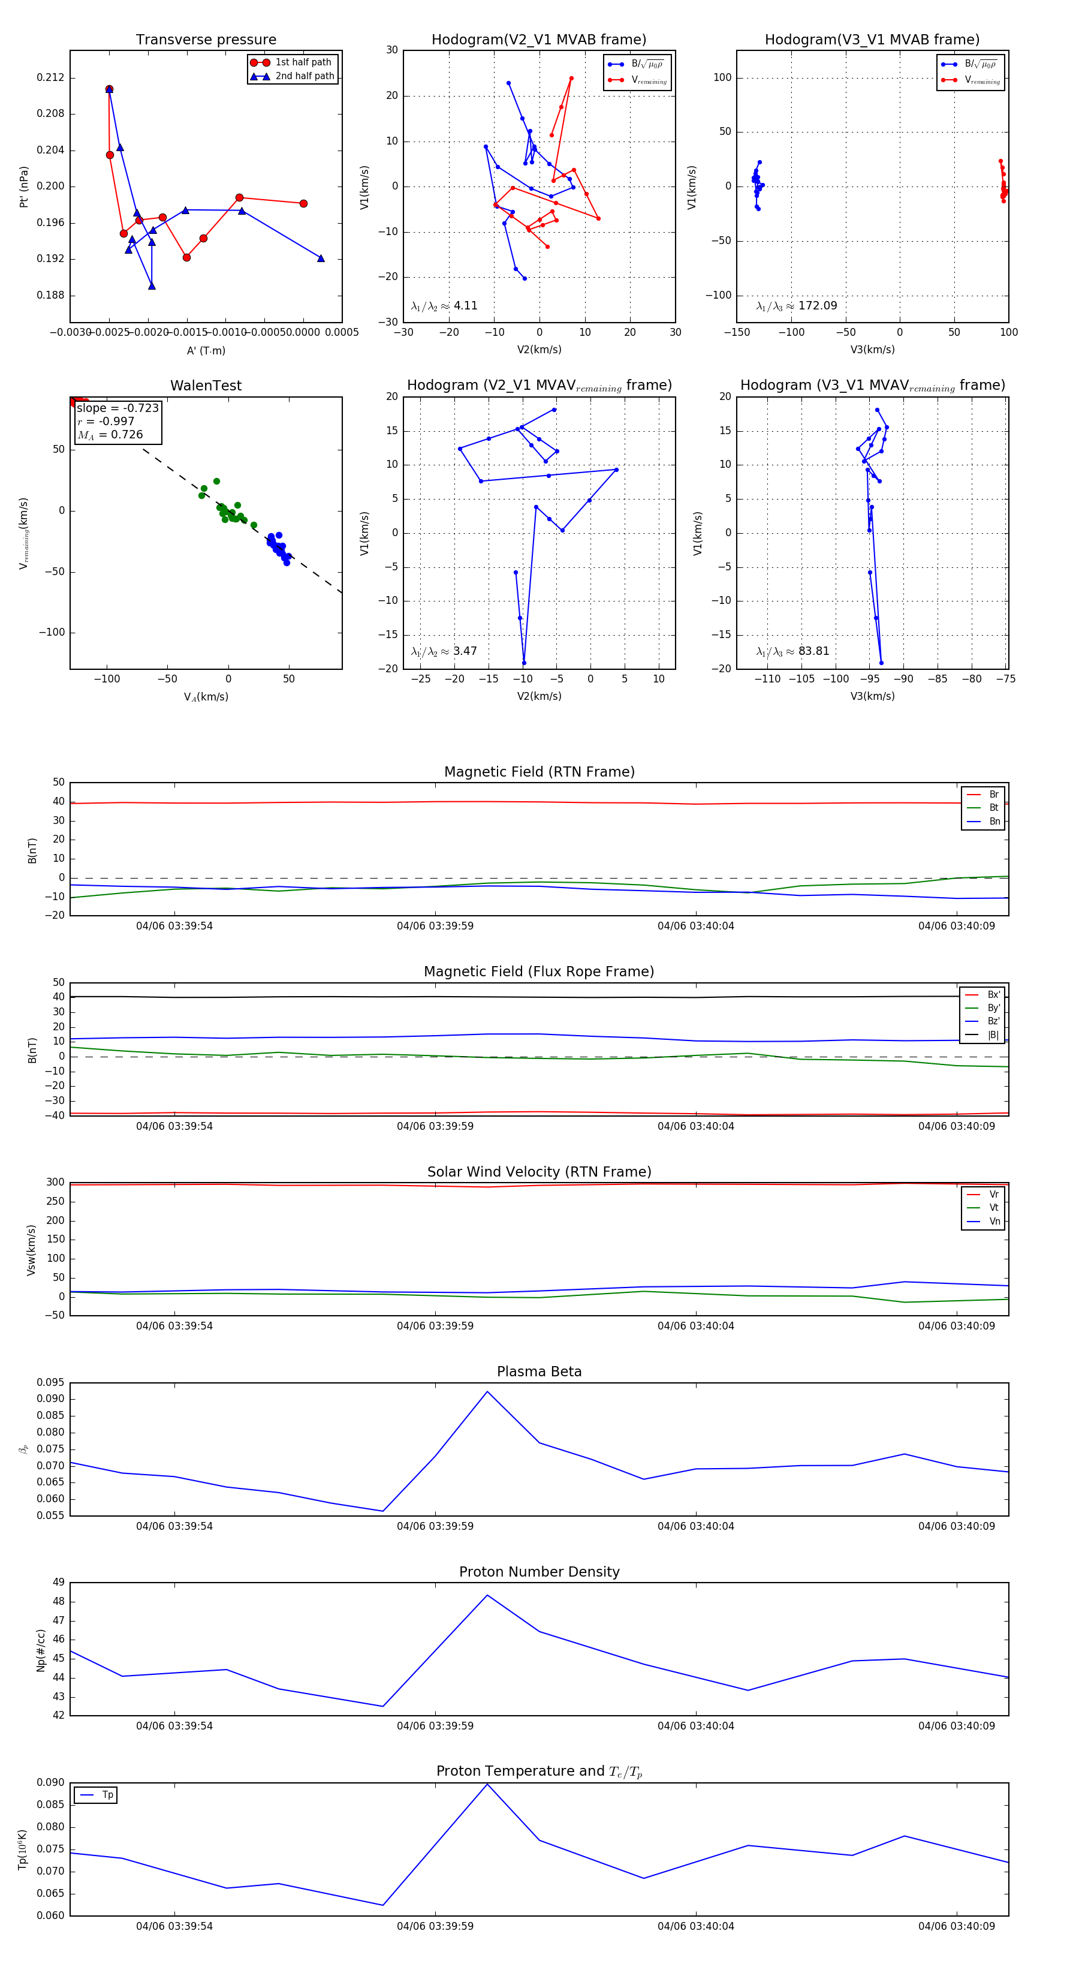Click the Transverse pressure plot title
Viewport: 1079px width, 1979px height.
point(206,40)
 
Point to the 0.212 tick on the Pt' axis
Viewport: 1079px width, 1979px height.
point(51,77)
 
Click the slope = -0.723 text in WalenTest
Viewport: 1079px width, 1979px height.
point(117,408)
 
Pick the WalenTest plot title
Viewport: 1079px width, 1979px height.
point(206,386)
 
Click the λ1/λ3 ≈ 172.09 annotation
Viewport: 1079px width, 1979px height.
point(797,306)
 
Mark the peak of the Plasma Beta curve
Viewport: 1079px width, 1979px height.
point(487,1391)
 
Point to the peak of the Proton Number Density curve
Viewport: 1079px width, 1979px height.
point(487,1596)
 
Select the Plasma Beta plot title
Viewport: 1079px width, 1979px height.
point(539,1372)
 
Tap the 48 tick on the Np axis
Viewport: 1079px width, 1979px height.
point(59,1602)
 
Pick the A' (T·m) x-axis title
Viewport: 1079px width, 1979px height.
point(206,351)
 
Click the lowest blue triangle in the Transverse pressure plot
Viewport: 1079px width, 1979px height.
point(152,286)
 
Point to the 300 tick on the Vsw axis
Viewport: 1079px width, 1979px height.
point(55,1183)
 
